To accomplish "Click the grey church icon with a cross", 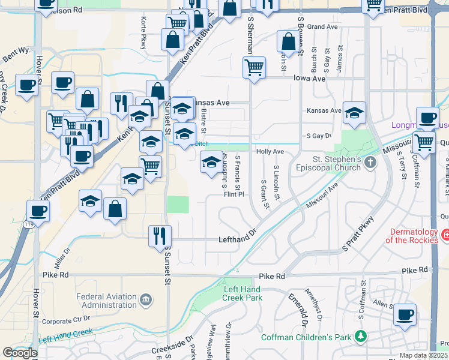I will [x=371, y=161].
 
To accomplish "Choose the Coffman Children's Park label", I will [x=306, y=337].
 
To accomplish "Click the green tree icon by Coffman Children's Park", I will [x=361, y=337].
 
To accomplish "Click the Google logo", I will [x=20, y=353].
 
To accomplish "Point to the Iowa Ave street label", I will [x=309, y=79].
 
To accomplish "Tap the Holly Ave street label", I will [x=270, y=152].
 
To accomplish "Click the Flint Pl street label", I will [x=234, y=194].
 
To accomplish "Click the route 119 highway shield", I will [x=28, y=224].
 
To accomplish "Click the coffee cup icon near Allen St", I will [x=405, y=313].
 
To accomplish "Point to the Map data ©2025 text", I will [x=424, y=355].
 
